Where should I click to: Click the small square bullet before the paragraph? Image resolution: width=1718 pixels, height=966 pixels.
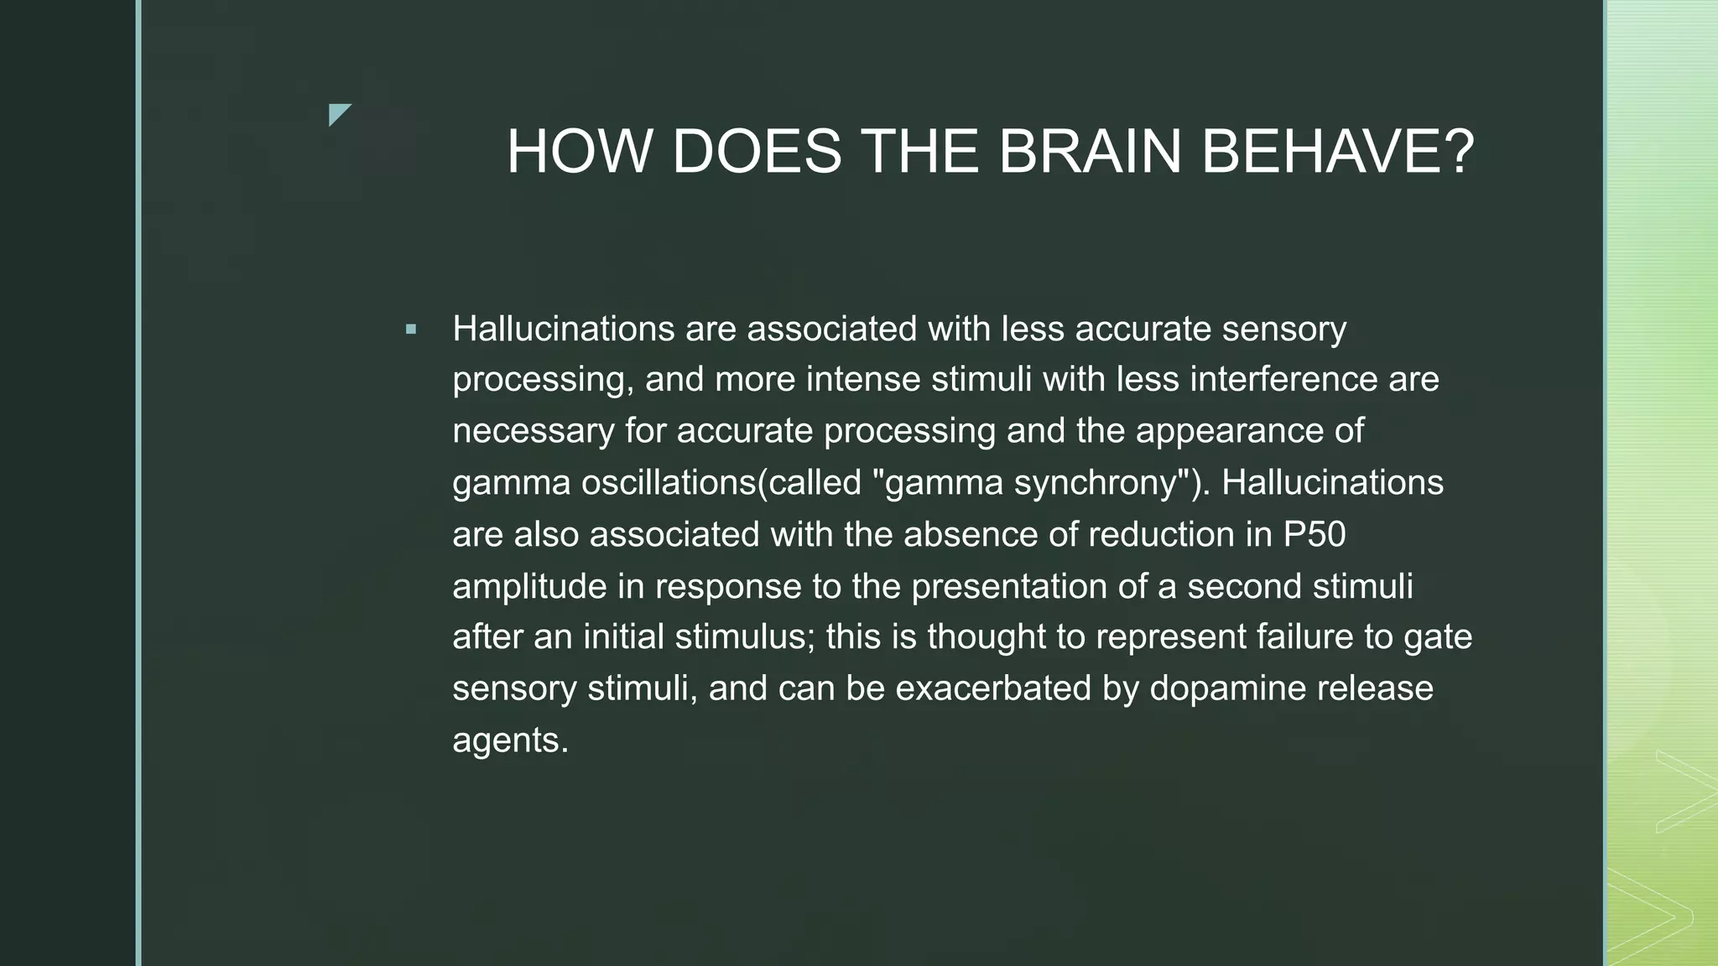[x=410, y=330]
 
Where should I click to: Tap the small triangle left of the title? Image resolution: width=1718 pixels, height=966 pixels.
[x=339, y=113]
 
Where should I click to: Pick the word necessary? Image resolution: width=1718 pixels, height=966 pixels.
[x=534, y=431]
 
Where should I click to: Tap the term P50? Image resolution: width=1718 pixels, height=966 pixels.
[x=1315, y=534]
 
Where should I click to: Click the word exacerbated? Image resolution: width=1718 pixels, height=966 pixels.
[x=993, y=688]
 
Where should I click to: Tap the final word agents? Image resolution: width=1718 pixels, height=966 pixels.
[x=510, y=740]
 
